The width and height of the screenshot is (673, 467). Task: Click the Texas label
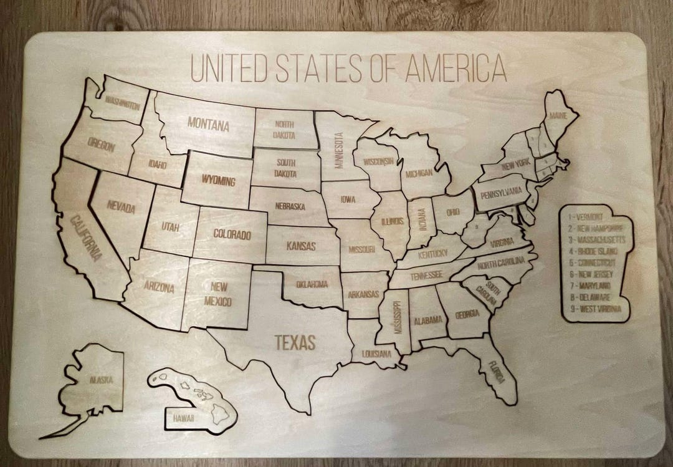(296, 342)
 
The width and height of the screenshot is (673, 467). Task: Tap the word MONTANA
(208, 124)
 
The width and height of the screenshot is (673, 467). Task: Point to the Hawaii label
(183, 416)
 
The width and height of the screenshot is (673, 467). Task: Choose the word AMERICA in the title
(456, 69)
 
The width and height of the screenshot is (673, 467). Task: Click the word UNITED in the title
(229, 69)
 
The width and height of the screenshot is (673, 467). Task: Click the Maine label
(559, 116)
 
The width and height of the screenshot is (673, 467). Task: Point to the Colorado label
(232, 235)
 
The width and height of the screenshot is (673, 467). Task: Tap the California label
(85, 238)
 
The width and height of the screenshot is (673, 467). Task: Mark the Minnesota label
(340, 150)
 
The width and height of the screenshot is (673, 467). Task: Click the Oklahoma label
(312, 284)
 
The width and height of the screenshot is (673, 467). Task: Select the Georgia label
(467, 314)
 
